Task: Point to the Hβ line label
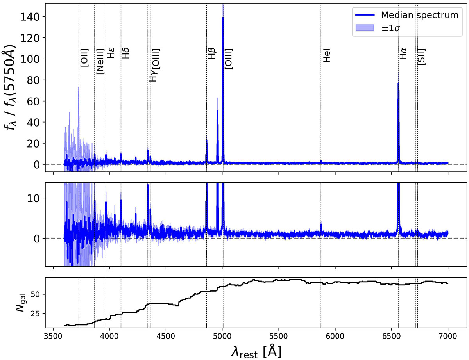click(211, 54)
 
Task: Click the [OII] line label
click(84, 57)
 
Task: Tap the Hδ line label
click(126, 53)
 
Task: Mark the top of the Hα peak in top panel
click(398, 83)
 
